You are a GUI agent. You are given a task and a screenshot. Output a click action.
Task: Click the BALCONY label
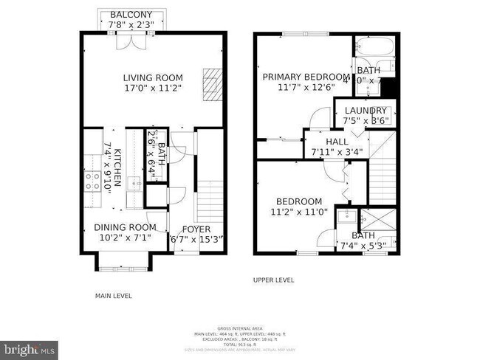click(131, 15)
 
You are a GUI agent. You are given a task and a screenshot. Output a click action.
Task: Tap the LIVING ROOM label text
click(152, 77)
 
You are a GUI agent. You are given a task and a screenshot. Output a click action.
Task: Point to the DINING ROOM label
click(124, 227)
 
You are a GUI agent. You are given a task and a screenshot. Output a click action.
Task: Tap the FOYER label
click(196, 229)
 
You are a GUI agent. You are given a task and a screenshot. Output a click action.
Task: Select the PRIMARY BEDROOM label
click(306, 77)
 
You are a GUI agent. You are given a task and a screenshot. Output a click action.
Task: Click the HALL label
click(336, 142)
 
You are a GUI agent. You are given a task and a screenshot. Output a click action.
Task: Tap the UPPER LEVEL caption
click(274, 280)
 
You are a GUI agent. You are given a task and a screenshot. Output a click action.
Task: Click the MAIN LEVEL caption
click(113, 296)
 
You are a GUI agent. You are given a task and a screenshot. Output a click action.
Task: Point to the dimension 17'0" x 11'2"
click(152, 89)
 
